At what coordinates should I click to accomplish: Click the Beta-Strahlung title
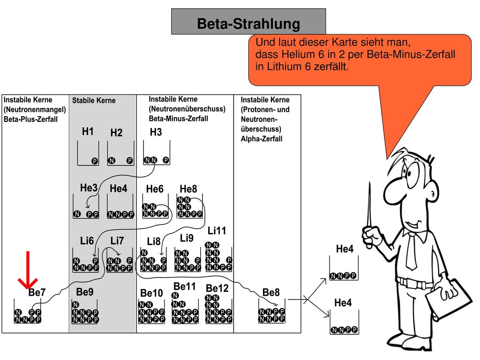[x=248, y=23]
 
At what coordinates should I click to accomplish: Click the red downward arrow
[x=28, y=270]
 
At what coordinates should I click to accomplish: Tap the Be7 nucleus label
[x=37, y=292]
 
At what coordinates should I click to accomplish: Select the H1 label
[x=88, y=131]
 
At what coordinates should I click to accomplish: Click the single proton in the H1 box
[x=95, y=161]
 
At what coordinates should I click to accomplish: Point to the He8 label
[x=188, y=189]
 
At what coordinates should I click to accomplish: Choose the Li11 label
[x=217, y=231]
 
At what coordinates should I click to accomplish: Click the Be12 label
[x=217, y=288]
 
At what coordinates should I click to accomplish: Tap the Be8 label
[x=271, y=292]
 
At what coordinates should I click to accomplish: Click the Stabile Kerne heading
[x=94, y=100]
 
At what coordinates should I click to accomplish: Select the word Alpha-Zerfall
[x=262, y=139]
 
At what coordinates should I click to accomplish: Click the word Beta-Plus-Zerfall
[x=30, y=119]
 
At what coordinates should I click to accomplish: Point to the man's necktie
[x=411, y=251]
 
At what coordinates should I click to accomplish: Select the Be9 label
[x=85, y=292]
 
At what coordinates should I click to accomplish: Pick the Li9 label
[x=187, y=238]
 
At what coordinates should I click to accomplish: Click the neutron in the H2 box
[x=112, y=161]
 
